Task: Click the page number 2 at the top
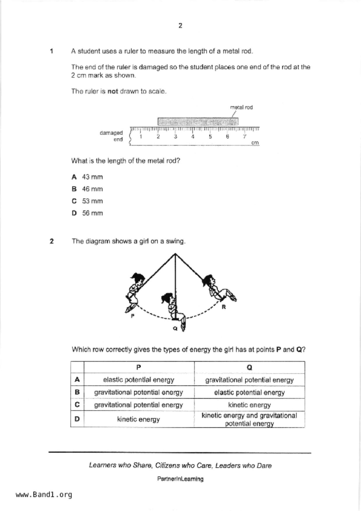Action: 180,26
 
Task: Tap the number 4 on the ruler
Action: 193,136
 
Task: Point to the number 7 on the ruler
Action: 244,136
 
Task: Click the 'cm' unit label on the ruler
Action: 255,143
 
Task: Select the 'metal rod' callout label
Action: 241,107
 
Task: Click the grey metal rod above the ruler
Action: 198,121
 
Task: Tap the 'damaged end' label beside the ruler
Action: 112,136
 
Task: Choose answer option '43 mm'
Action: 92,177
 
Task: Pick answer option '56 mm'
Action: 92,213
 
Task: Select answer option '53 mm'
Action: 92,201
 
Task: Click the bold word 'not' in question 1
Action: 112,91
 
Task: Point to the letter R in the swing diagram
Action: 224,307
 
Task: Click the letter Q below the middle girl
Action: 175,328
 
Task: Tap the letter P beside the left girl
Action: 133,316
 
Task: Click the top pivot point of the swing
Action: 175,254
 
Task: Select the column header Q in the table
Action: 249,367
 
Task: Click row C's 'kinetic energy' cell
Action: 249,405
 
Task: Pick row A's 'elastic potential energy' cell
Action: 139,380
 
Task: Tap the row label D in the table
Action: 77,419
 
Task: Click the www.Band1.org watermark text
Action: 44,495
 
